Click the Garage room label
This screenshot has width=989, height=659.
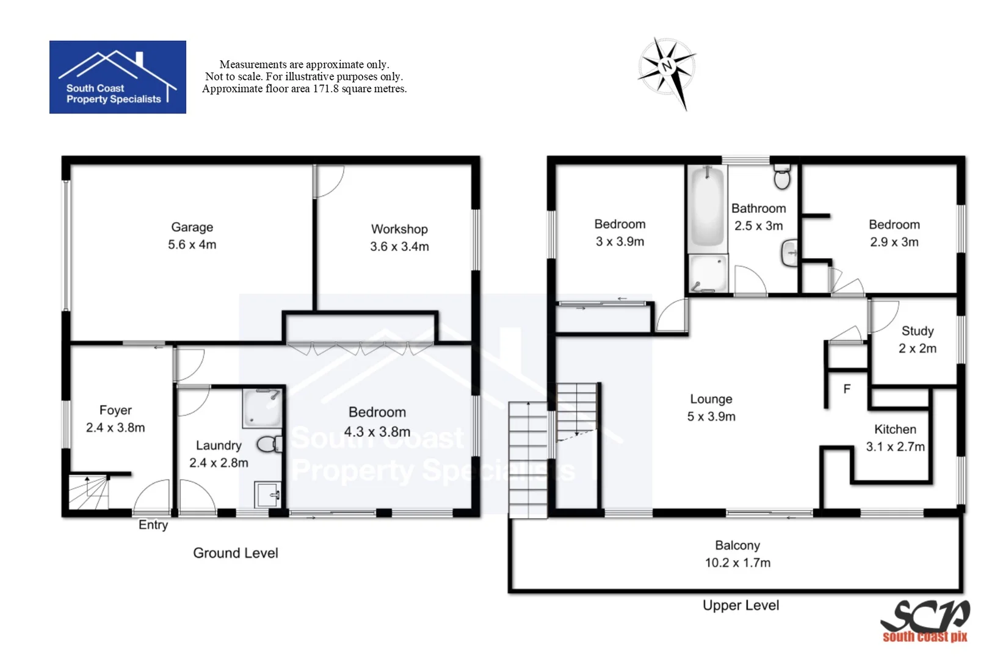tap(192, 227)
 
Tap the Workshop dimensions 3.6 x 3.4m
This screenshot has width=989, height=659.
tap(399, 247)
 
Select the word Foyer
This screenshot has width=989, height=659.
tap(115, 410)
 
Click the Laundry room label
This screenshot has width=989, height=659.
tap(219, 445)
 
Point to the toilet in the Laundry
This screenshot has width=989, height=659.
tap(269, 444)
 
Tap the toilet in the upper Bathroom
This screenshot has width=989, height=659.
tap(781, 177)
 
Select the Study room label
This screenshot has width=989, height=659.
tap(917, 331)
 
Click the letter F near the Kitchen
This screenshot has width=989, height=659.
tap(847, 389)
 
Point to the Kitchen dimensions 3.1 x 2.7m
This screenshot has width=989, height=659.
tap(895, 447)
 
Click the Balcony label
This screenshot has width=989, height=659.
tap(737, 546)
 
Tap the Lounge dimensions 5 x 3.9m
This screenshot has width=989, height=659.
tap(711, 417)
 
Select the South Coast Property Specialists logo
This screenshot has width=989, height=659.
tap(118, 77)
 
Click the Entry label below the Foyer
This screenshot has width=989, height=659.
tap(153, 525)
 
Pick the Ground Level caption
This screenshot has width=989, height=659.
tap(236, 553)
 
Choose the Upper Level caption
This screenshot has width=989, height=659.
tap(741, 605)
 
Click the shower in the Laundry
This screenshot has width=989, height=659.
tap(263, 408)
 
